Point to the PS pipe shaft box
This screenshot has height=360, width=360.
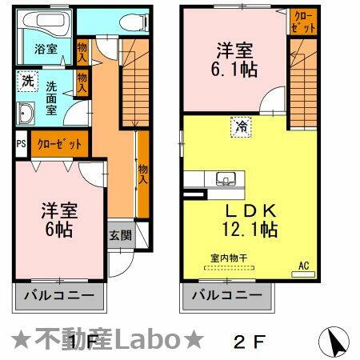[21, 145]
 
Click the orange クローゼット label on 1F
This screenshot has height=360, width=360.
[59, 145]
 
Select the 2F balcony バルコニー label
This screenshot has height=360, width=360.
[226, 295]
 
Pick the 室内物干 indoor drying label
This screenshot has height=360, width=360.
[228, 257]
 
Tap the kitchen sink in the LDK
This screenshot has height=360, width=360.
[223, 178]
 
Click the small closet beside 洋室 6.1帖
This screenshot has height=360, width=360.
[301, 21]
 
